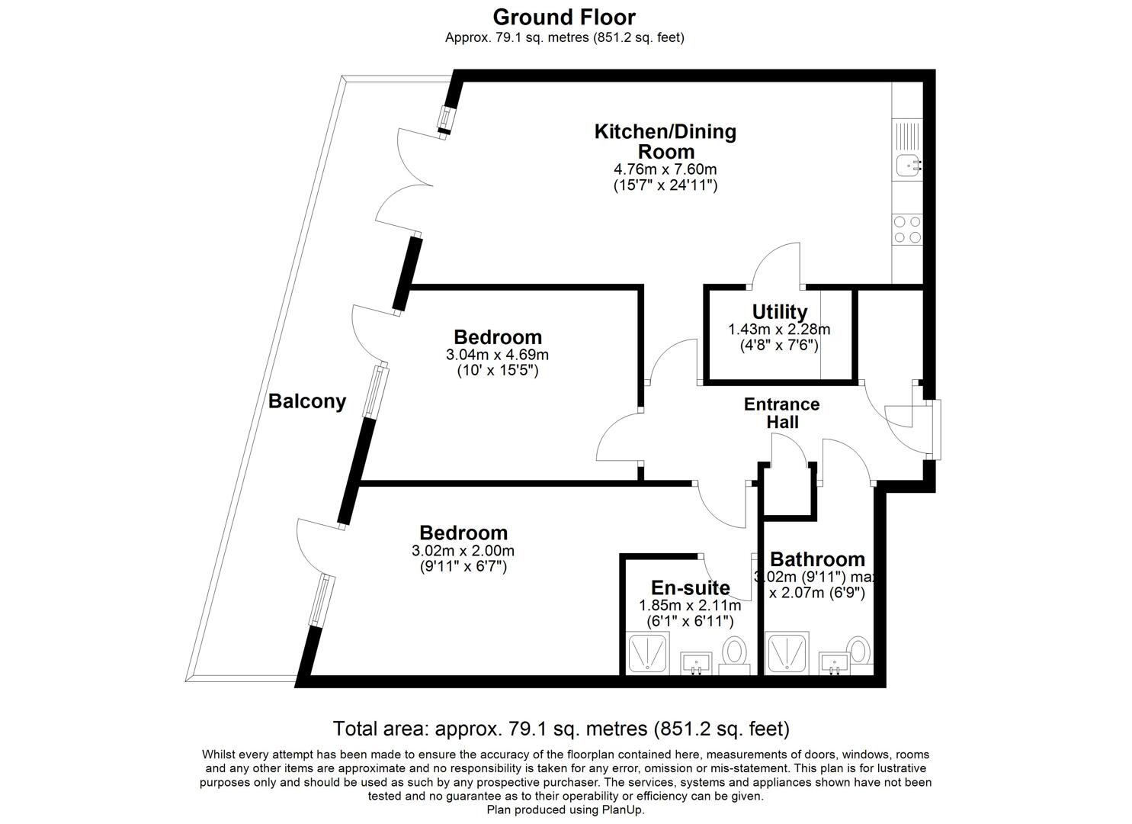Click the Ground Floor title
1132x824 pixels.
pos(563,17)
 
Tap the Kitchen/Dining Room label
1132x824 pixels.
pos(665,141)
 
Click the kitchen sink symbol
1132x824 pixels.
pos(907,164)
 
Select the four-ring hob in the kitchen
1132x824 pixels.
pos(907,229)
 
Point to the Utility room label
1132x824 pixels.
pos(779,311)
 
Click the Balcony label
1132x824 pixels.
pos(307,401)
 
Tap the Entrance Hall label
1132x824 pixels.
pos(781,413)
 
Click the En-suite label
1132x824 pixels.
pos(690,587)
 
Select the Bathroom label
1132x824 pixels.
pos(817,560)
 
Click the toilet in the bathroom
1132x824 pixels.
pos(859,651)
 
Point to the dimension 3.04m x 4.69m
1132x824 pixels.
pos(497,355)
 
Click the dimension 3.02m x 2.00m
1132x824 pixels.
pos(463,551)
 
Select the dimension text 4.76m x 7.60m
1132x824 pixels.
pos(665,169)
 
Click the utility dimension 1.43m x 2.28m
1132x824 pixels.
pos(779,330)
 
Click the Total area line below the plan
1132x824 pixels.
pos(561,729)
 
